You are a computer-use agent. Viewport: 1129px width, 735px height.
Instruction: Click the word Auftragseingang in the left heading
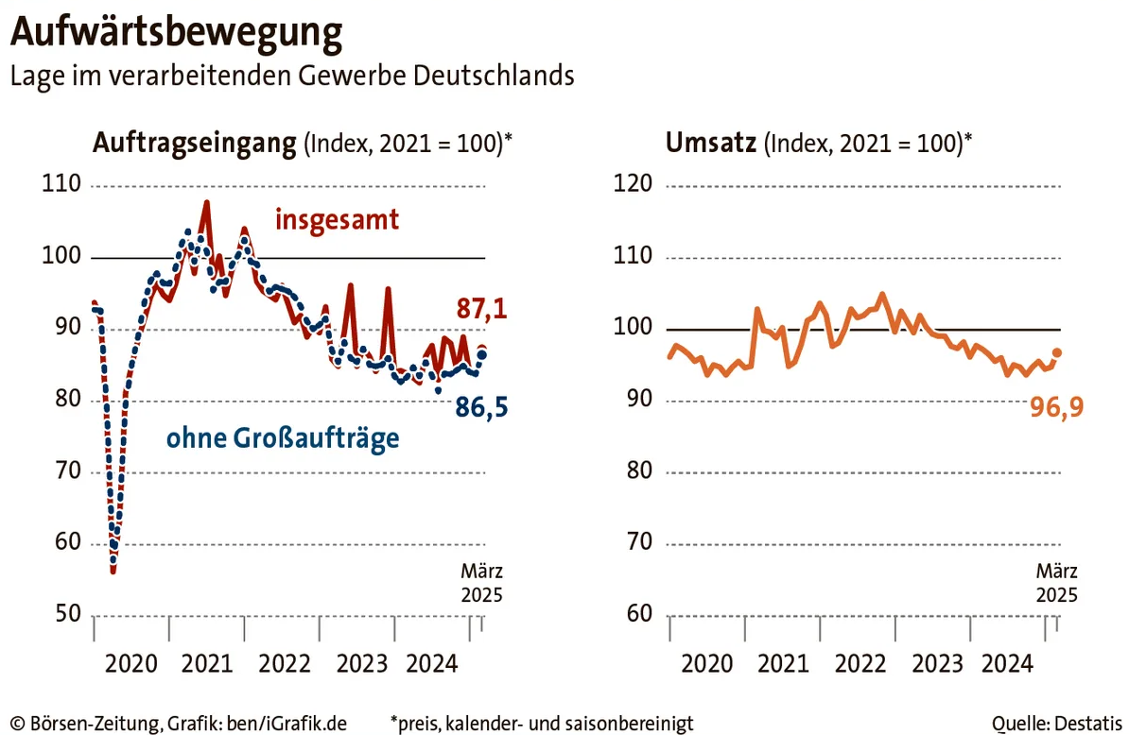point(194,144)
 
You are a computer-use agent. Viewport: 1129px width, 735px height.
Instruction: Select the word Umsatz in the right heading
point(711,144)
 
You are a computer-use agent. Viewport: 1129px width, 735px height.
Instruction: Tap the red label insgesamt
point(337,220)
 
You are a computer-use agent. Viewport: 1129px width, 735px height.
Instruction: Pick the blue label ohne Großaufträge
point(283,439)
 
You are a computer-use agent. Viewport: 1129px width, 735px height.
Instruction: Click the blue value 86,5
point(482,409)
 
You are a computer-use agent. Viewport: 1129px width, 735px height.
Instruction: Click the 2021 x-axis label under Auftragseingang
point(207,664)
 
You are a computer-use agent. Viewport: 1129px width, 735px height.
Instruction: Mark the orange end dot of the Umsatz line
point(1057,352)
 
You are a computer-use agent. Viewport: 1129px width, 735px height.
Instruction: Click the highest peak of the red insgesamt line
point(206,202)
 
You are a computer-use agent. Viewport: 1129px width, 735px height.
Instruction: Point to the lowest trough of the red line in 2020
point(113,571)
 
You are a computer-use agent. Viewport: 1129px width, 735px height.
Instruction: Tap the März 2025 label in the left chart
point(481,583)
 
